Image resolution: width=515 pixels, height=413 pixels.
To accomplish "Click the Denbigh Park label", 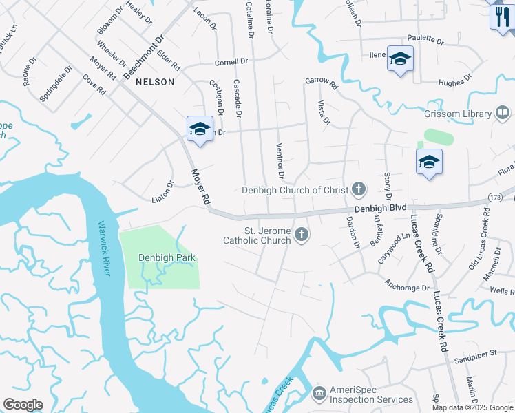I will [x=167, y=258].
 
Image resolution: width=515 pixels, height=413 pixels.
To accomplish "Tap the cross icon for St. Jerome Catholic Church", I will [x=301, y=236].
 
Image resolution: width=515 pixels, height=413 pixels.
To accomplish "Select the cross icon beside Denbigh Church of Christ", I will [x=358, y=189].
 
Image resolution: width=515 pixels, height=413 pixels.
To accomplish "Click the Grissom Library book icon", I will [x=503, y=114].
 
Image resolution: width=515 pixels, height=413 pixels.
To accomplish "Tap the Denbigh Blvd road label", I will [x=380, y=207].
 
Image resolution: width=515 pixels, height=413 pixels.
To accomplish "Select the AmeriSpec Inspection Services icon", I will [x=319, y=394].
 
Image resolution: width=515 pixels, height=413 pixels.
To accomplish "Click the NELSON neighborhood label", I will [x=155, y=81].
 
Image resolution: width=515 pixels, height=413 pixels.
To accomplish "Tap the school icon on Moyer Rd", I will [x=200, y=129].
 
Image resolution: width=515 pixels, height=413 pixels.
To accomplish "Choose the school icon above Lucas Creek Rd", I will [x=429, y=162].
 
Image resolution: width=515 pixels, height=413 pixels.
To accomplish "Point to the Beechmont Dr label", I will [x=144, y=58].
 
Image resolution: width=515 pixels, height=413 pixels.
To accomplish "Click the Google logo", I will [x=23, y=405].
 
